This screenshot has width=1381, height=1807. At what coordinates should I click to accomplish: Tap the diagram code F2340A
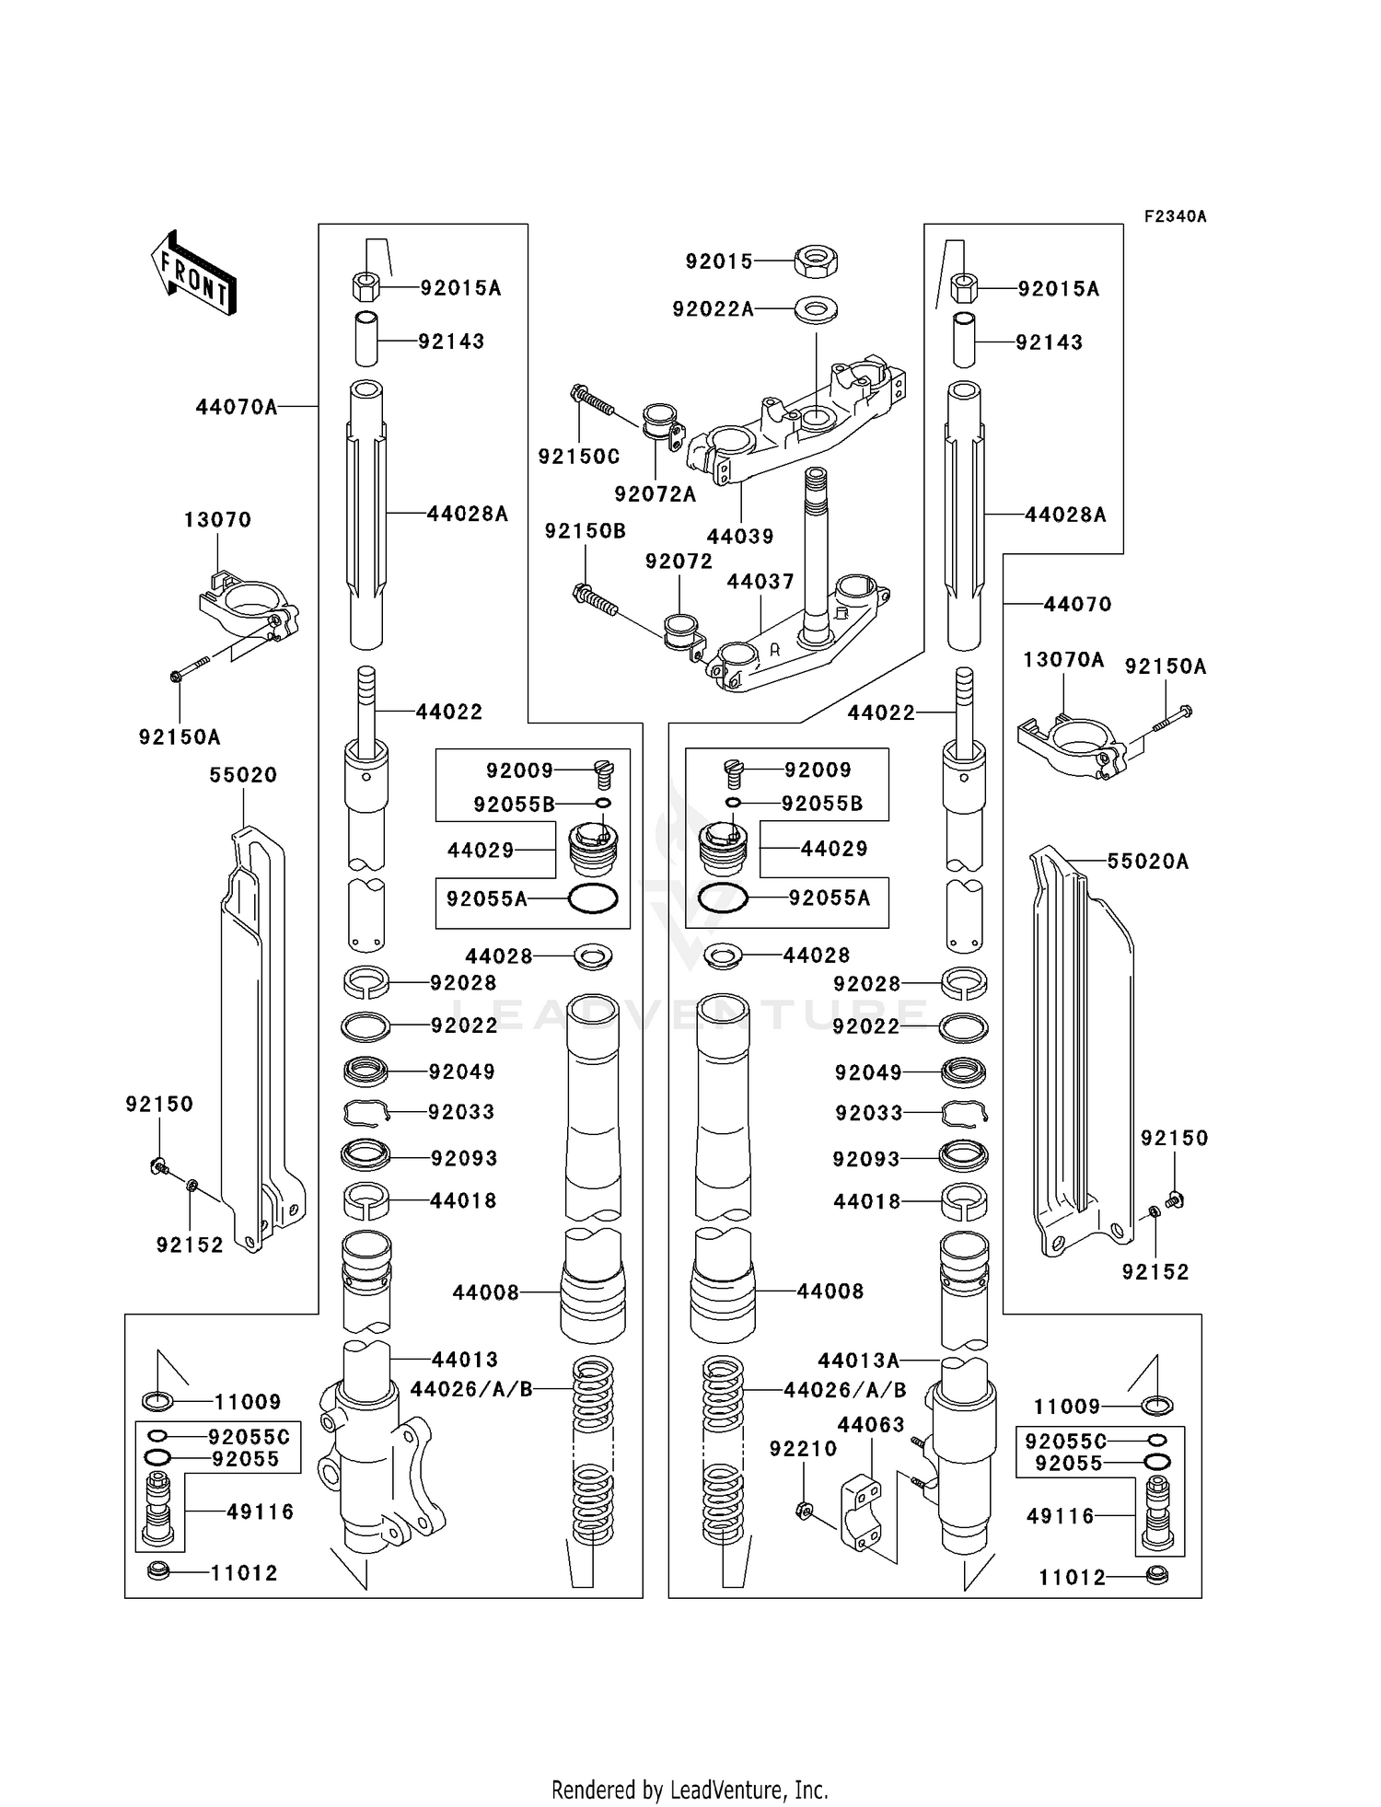(x=1175, y=216)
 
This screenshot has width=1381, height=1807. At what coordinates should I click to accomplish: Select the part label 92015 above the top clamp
(x=719, y=261)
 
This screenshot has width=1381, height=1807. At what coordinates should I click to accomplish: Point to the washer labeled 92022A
(x=816, y=307)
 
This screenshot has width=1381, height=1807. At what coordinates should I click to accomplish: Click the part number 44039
(x=740, y=536)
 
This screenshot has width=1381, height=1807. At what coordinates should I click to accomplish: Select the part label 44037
(x=760, y=582)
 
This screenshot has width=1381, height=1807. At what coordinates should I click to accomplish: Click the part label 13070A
(x=1063, y=659)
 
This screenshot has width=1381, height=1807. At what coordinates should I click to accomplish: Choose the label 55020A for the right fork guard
(x=1148, y=862)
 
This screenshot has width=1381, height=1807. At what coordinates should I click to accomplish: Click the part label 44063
(x=871, y=1426)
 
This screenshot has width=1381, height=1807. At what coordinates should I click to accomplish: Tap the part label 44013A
(x=859, y=1360)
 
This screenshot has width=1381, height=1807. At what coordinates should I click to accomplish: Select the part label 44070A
(x=237, y=406)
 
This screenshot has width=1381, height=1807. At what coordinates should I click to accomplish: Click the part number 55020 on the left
(x=243, y=775)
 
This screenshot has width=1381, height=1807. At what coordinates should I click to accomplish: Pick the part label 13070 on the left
(x=217, y=519)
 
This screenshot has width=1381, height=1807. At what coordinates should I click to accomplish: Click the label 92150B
(x=586, y=531)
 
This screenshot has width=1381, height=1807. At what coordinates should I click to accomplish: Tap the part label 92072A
(x=656, y=494)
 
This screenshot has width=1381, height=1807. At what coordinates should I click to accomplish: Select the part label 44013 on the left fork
(x=465, y=1360)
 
